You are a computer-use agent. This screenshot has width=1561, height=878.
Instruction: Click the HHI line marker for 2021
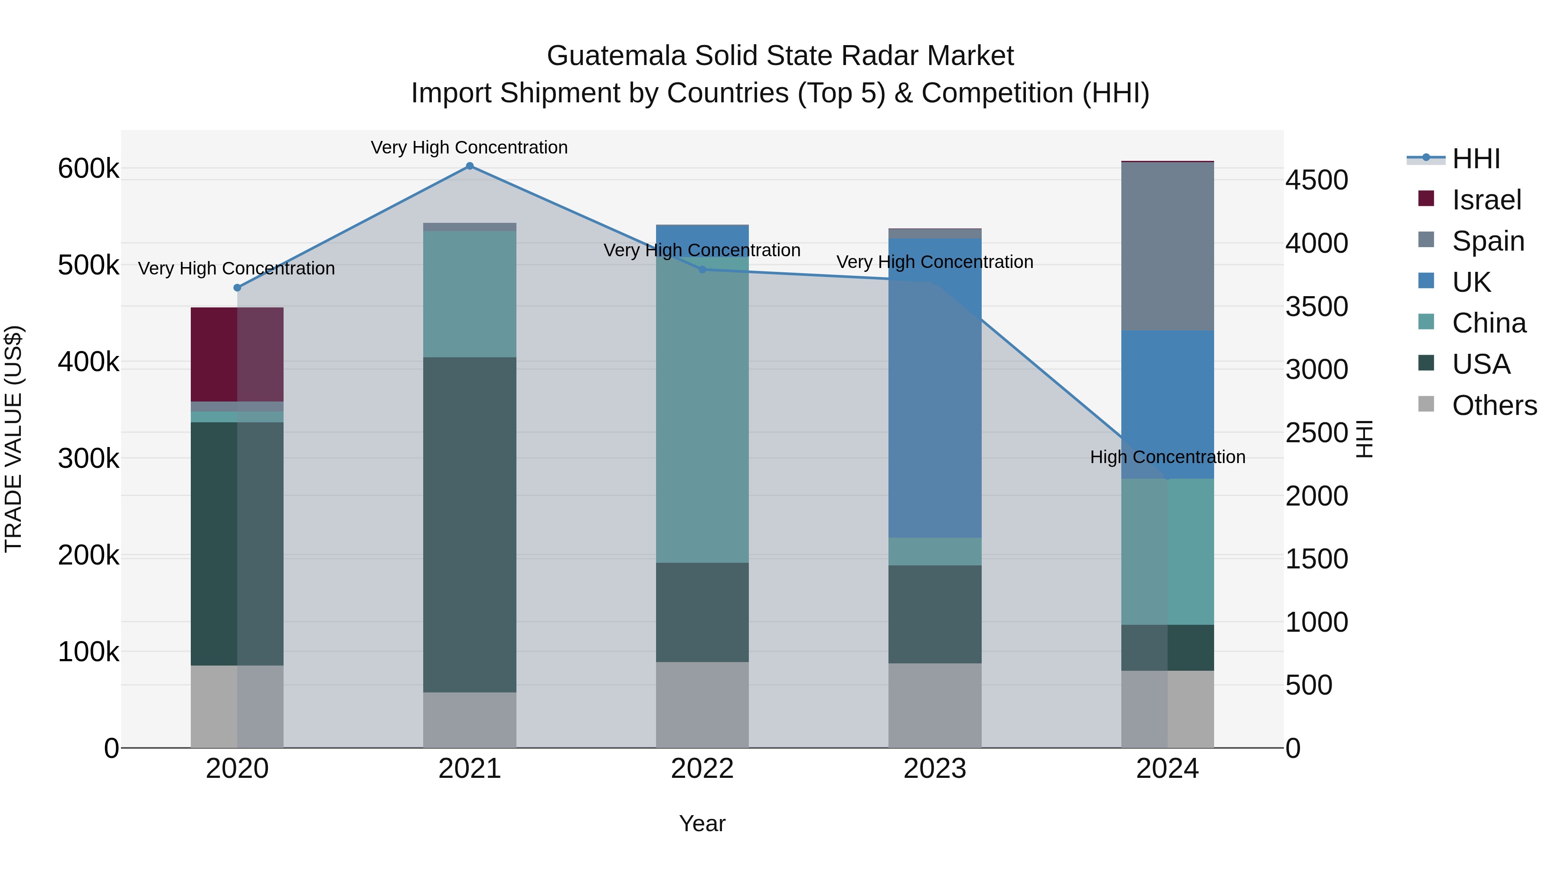(470, 166)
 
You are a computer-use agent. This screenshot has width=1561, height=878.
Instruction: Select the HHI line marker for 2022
(702, 270)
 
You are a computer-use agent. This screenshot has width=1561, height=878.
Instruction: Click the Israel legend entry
(1486, 200)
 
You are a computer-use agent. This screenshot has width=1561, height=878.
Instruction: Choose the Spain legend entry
(1488, 241)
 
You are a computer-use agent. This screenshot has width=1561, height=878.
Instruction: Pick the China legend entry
(1488, 323)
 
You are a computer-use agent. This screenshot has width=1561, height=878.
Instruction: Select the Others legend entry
(1494, 405)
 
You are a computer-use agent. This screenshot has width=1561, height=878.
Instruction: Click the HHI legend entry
(1476, 159)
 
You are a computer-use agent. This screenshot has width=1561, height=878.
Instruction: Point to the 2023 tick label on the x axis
(934, 769)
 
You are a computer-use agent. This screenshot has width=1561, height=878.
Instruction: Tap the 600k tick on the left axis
(88, 169)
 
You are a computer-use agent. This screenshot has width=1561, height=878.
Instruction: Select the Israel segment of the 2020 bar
(237, 355)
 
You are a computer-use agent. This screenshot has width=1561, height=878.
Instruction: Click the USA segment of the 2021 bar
(470, 524)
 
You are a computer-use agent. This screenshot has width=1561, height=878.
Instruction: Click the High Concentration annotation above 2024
(1167, 457)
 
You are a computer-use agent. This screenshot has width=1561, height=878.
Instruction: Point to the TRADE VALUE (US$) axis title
(13, 439)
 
